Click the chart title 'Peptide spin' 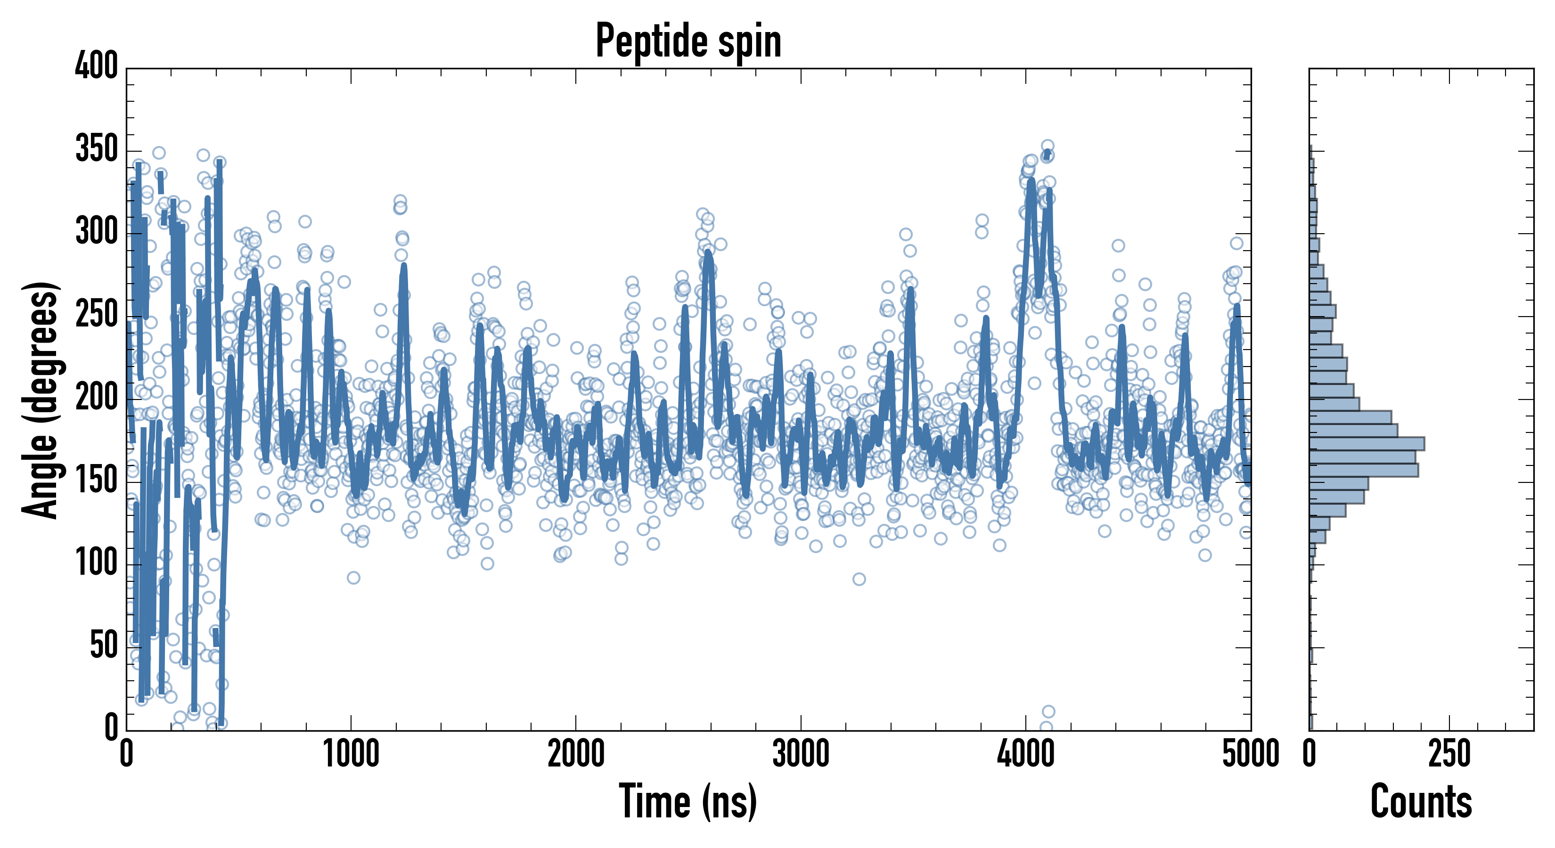coord(688,41)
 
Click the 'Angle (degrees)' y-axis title coord(41,400)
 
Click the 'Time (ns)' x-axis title coord(688,801)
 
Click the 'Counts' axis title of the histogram coord(1421,801)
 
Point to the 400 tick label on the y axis coord(97,65)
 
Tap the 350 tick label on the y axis coord(97,148)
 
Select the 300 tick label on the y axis coord(97,231)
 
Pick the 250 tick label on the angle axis coord(97,314)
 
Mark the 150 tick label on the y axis coord(97,480)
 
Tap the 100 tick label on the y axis coord(97,563)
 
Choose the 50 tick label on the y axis coord(104,645)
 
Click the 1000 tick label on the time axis coord(352,754)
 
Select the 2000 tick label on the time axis coord(576,754)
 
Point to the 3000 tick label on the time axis coord(801,754)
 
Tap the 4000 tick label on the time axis coord(1026,754)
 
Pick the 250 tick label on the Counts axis coord(1449,754)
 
